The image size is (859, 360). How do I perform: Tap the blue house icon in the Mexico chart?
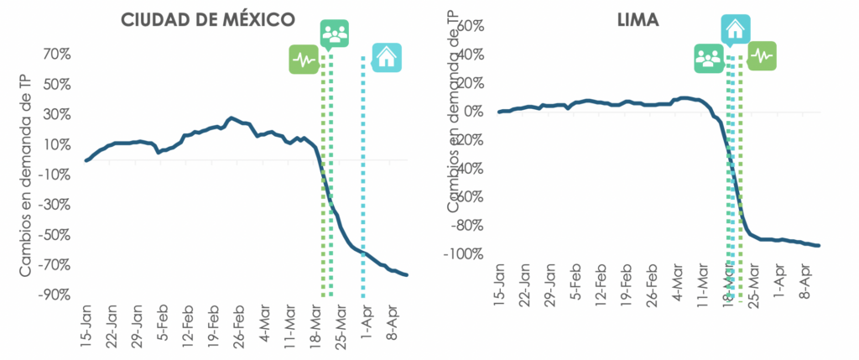point(386,57)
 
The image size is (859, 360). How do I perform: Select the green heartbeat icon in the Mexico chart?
point(303,60)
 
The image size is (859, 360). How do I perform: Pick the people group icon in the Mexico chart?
point(334,34)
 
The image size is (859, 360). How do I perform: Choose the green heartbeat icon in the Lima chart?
point(762,55)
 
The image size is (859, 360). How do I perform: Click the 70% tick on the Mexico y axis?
point(53,55)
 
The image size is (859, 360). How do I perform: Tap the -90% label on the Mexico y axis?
point(51,295)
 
